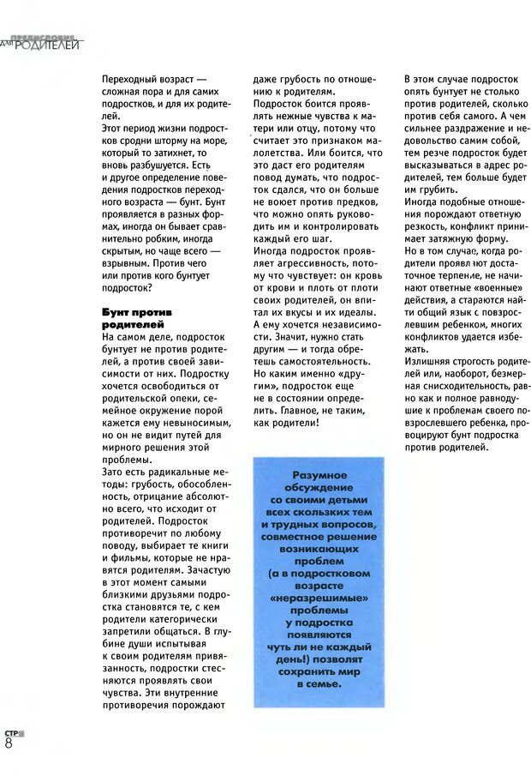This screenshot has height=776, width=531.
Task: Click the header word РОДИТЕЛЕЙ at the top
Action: click(51, 45)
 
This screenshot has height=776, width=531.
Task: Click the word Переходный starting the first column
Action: click(130, 79)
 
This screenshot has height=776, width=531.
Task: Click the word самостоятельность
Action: click(301, 361)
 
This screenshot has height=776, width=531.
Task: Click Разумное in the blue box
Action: click(319, 475)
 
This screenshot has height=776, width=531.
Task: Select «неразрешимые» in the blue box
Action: click(319, 597)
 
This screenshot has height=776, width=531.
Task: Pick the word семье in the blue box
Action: click(325, 684)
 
